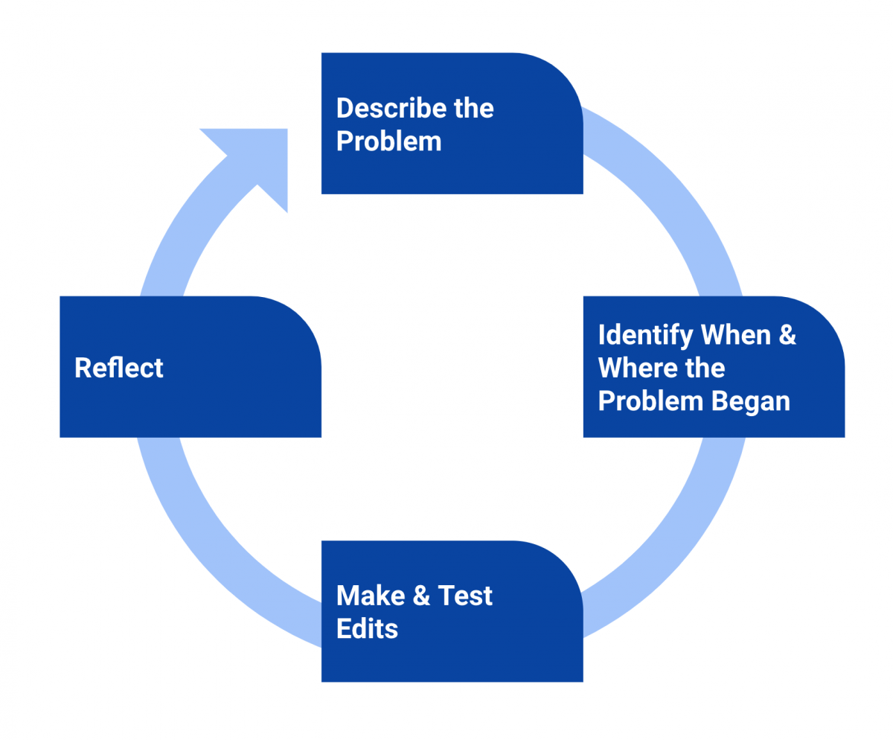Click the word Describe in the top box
click(x=382, y=109)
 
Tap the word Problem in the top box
click(x=388, y=141)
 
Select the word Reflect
click(x=119, y=368)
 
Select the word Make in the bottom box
click(x=370, y=596)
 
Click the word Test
click(x=465, y=596)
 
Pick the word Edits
click(x=367, y=628)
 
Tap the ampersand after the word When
click(x=787, y=336)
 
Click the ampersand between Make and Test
click(x=420, y=596)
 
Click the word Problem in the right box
click(x=650, y=401)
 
